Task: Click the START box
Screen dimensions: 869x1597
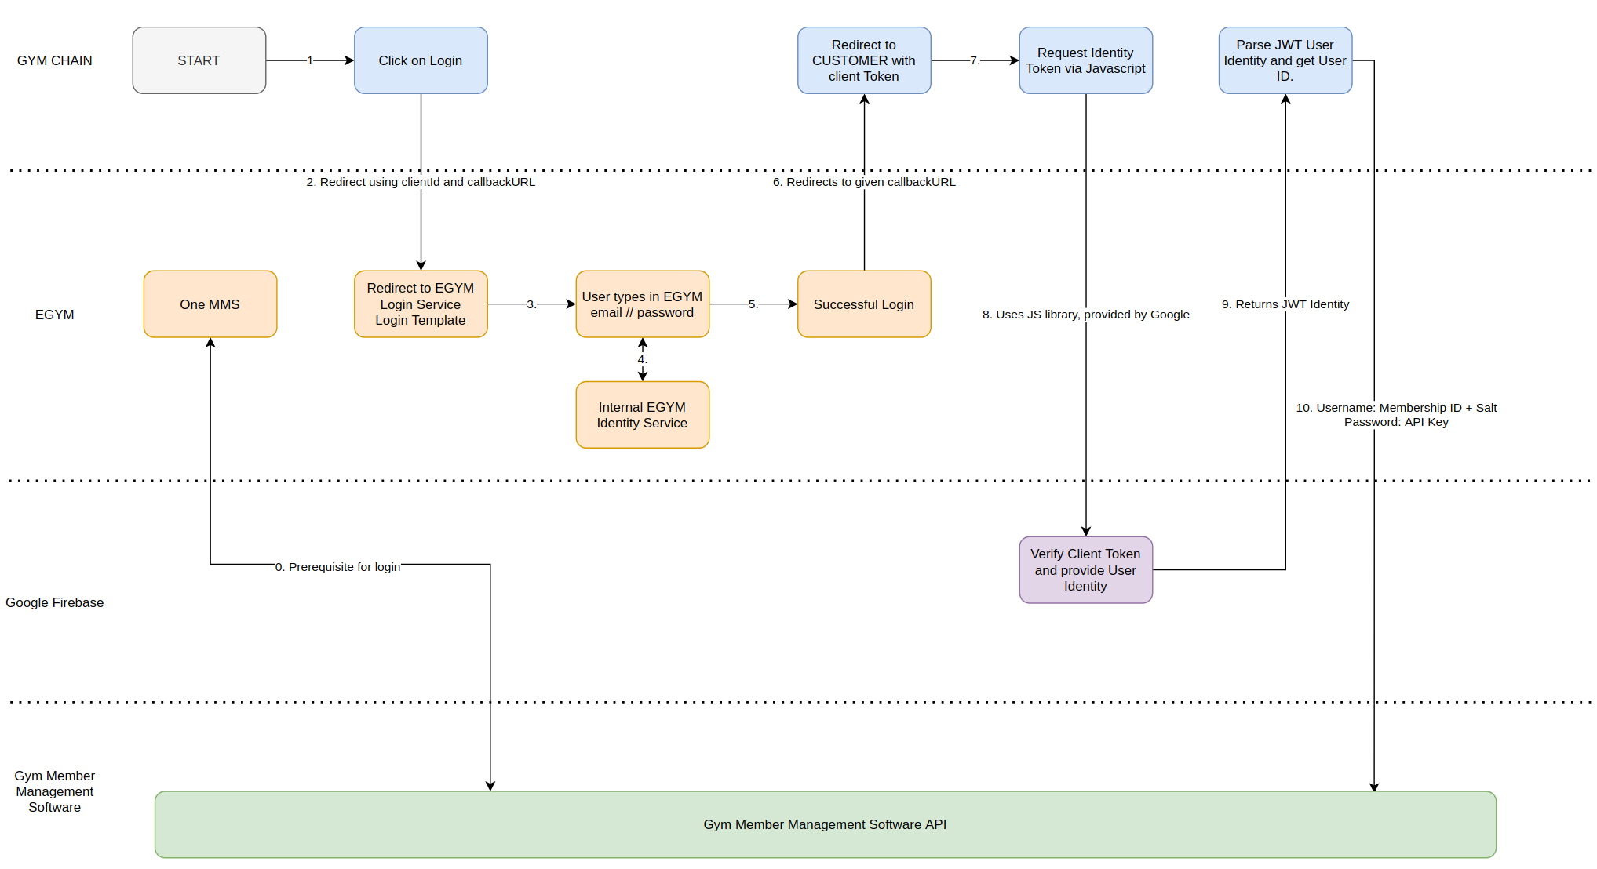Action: coord(199,60)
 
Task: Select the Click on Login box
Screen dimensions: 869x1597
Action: coord(421,60)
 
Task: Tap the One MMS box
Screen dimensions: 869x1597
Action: coord(210,304)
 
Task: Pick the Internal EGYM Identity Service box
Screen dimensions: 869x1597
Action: coord(642,415)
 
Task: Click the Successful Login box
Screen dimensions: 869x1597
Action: coord(864,304)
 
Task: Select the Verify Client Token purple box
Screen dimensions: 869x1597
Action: coord(1085,570)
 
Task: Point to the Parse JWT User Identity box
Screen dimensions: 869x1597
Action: coord(1285,60)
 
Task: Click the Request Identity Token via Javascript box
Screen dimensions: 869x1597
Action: coord(1085,60)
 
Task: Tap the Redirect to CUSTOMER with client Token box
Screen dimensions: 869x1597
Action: coord(864,60)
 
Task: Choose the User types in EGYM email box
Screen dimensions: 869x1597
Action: coord(642,304)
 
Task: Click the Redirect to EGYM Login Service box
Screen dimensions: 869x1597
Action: coord(421,304)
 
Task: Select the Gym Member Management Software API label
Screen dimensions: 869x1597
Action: coord(825,824)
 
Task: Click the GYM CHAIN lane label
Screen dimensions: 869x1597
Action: coord(54,60)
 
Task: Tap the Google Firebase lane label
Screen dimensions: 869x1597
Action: coord(54,602)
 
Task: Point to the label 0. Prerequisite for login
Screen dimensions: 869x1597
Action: coord(337,567)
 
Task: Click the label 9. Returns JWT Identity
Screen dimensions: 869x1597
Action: coord(1285,304)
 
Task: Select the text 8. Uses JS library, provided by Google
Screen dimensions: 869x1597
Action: coord(1085,315)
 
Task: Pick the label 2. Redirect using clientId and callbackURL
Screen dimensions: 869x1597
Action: coord(421,182)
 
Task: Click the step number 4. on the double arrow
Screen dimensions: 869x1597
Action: coord(642,360)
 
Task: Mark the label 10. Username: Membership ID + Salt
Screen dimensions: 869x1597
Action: coord(1396,408)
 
